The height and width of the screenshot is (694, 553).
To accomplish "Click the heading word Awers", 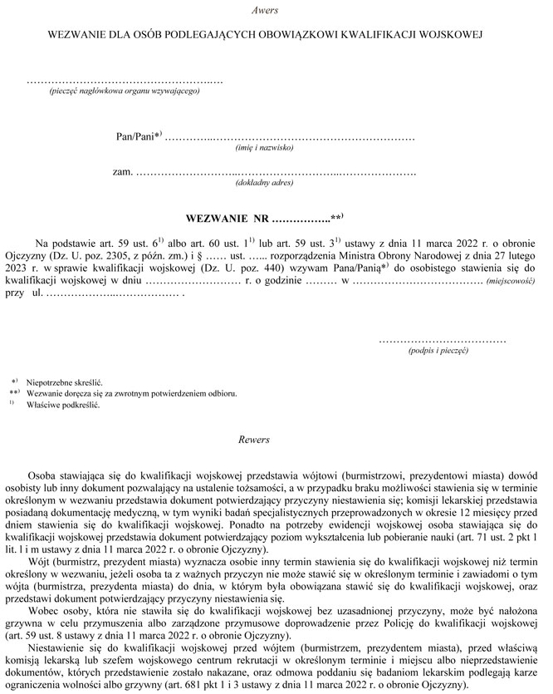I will (264, 10).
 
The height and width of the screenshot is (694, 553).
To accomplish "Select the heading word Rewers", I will (253, 439).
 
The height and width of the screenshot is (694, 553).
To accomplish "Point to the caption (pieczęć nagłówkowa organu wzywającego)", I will (124, 91).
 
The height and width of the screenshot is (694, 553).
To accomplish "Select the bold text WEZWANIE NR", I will (228, 218).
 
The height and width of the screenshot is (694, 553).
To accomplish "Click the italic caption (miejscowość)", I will (511, 282).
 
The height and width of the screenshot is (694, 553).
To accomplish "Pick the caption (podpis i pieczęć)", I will (438, 352).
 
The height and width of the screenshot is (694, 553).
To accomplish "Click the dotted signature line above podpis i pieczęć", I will (442, 340).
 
